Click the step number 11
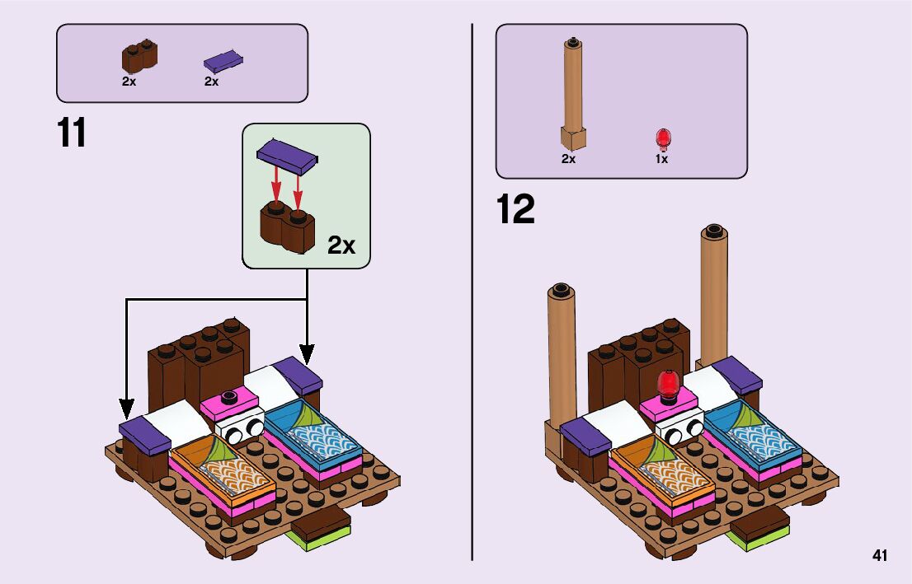click(x=72, y=133)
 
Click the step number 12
click(x=515, y=209)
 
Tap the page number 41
click(x=879, y=556)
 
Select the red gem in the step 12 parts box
click(x=662, y=138)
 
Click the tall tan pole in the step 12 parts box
click(x=574, y=91)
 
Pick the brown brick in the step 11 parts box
click(x=139, y=58)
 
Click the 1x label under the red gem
click(x=661, y=160)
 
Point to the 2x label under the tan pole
click(x=568, y=160)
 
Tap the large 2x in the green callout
click(x=341, y=245)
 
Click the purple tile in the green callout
click(x=288, y=154)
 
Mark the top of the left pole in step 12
click(x=561, y=290)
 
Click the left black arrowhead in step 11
click(x=126, y=408)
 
